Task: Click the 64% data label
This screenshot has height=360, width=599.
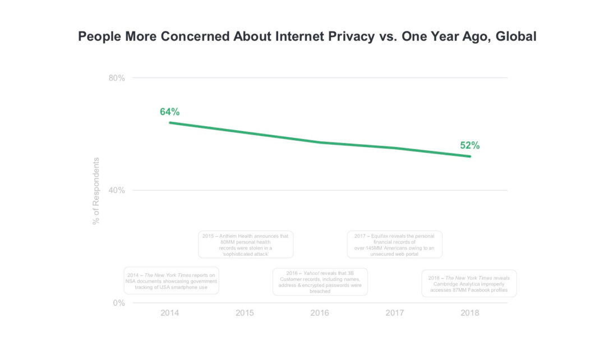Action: tap(169, 112)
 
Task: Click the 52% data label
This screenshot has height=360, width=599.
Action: tap(469, 145)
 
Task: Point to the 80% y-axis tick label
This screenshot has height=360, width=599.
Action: tap(117, 77)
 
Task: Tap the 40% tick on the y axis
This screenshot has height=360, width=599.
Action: tap(117, 190)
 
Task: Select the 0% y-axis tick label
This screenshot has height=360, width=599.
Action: tap(119, 303)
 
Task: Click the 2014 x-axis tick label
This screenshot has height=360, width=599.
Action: tap(169, 313)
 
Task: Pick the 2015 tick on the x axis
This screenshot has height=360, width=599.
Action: tap(245, 313)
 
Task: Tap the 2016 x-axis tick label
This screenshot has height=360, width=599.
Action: tap(320, 313)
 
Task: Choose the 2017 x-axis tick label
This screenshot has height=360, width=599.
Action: tap(395, 313)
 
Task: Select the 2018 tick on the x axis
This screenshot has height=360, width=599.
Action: tap(469, 313)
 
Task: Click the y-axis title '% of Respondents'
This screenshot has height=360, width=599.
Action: tap(96, 191)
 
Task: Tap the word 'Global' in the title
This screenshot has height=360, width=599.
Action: tap(516, 36)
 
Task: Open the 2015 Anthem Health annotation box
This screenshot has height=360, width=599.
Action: tap(246, 244)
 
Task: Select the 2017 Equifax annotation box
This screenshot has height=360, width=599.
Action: tap(394, 244)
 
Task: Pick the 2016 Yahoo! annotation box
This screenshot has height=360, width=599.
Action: tap(320, 281)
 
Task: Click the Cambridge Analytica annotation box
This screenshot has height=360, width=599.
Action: tap(469, 283)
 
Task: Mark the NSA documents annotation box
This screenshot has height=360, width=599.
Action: tap(171, 280)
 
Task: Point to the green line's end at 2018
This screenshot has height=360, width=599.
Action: tap(470, 156)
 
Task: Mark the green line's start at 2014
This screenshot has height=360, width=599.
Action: tap(169, 122)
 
